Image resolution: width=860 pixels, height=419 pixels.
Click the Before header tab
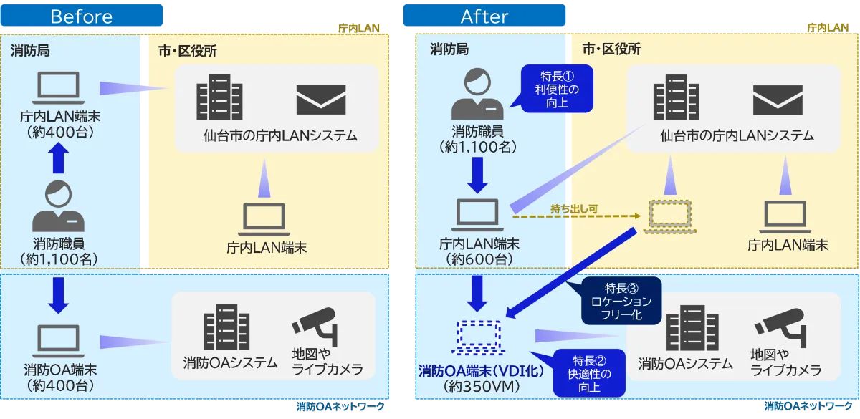tap(82, 16)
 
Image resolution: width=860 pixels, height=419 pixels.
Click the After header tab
tap(484, 16)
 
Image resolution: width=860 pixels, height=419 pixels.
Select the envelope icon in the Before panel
tap(321, 99)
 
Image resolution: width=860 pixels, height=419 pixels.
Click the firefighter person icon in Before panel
tap(59, 206)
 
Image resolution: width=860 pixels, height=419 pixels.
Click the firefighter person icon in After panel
tap(479, 94)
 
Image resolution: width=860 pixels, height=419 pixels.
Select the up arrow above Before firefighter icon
tap(59, 158)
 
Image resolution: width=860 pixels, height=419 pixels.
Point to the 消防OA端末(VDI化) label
tap(480, 372)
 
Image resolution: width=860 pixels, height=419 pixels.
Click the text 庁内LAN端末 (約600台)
tap(479, 251)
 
